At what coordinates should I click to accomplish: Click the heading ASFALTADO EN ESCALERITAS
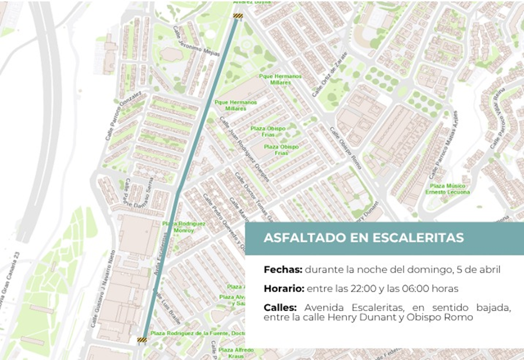(x=363, y=238)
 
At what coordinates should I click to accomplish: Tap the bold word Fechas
(x=283, y=270)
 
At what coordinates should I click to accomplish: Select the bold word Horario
(x=284, y=288)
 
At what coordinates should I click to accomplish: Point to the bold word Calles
(x=281, y=307)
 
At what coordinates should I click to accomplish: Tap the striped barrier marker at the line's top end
(x=238, y=16)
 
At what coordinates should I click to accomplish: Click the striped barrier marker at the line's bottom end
(x=141, y=339)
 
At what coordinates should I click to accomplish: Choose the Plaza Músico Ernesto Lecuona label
(x=448, y=189)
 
